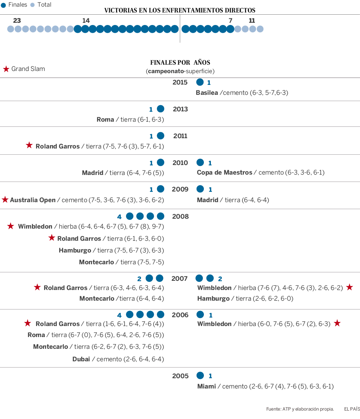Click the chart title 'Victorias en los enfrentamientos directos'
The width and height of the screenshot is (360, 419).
(180, 10)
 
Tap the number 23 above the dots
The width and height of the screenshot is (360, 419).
(17, 21)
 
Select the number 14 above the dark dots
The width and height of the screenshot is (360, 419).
(86, 21)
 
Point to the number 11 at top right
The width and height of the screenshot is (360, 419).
(252, 21)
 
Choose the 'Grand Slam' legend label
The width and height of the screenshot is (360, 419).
(28, 69)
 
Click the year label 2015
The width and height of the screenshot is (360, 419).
(180, 82)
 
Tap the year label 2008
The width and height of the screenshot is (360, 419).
(180, 216)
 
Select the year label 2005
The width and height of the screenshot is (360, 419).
(180, 376)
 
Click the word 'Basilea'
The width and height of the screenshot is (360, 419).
(207, 93)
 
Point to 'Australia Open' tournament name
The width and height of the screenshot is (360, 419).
(33, 200)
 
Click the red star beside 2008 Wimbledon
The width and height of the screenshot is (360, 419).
(11, 226)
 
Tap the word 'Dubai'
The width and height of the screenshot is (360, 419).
(81, 359)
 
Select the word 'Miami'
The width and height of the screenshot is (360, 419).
(206, 386)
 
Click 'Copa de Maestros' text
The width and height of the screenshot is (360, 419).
(224, 172)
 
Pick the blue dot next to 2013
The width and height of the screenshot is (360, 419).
(161, 109)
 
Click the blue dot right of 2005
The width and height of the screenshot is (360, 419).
(200, 376)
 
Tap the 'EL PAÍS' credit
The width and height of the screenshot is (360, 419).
(352, 409)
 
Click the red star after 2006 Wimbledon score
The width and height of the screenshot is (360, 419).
(337, 323)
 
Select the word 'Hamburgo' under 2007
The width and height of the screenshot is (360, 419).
(213, 298)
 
